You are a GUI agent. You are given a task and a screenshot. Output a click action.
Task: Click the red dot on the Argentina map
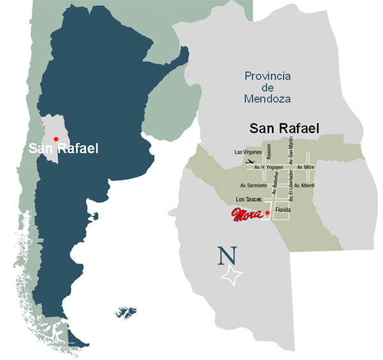pos(56,139)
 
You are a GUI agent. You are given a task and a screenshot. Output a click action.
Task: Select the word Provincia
pos(267,76)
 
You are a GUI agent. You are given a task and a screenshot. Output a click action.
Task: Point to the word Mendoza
pos(267,99)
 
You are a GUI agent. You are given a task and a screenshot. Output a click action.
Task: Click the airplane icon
pos(250,163)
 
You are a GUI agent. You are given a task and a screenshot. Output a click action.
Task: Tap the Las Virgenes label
pos(248,153)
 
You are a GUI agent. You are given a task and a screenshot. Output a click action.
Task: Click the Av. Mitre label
pos(322,167)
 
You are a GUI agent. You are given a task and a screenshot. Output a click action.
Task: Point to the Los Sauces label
pos(249,199)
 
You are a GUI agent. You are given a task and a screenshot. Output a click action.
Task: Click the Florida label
pos(283,209)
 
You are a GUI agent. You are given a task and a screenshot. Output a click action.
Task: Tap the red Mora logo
pos(247,214)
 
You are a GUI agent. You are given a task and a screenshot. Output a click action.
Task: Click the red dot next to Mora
pos(267,213)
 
